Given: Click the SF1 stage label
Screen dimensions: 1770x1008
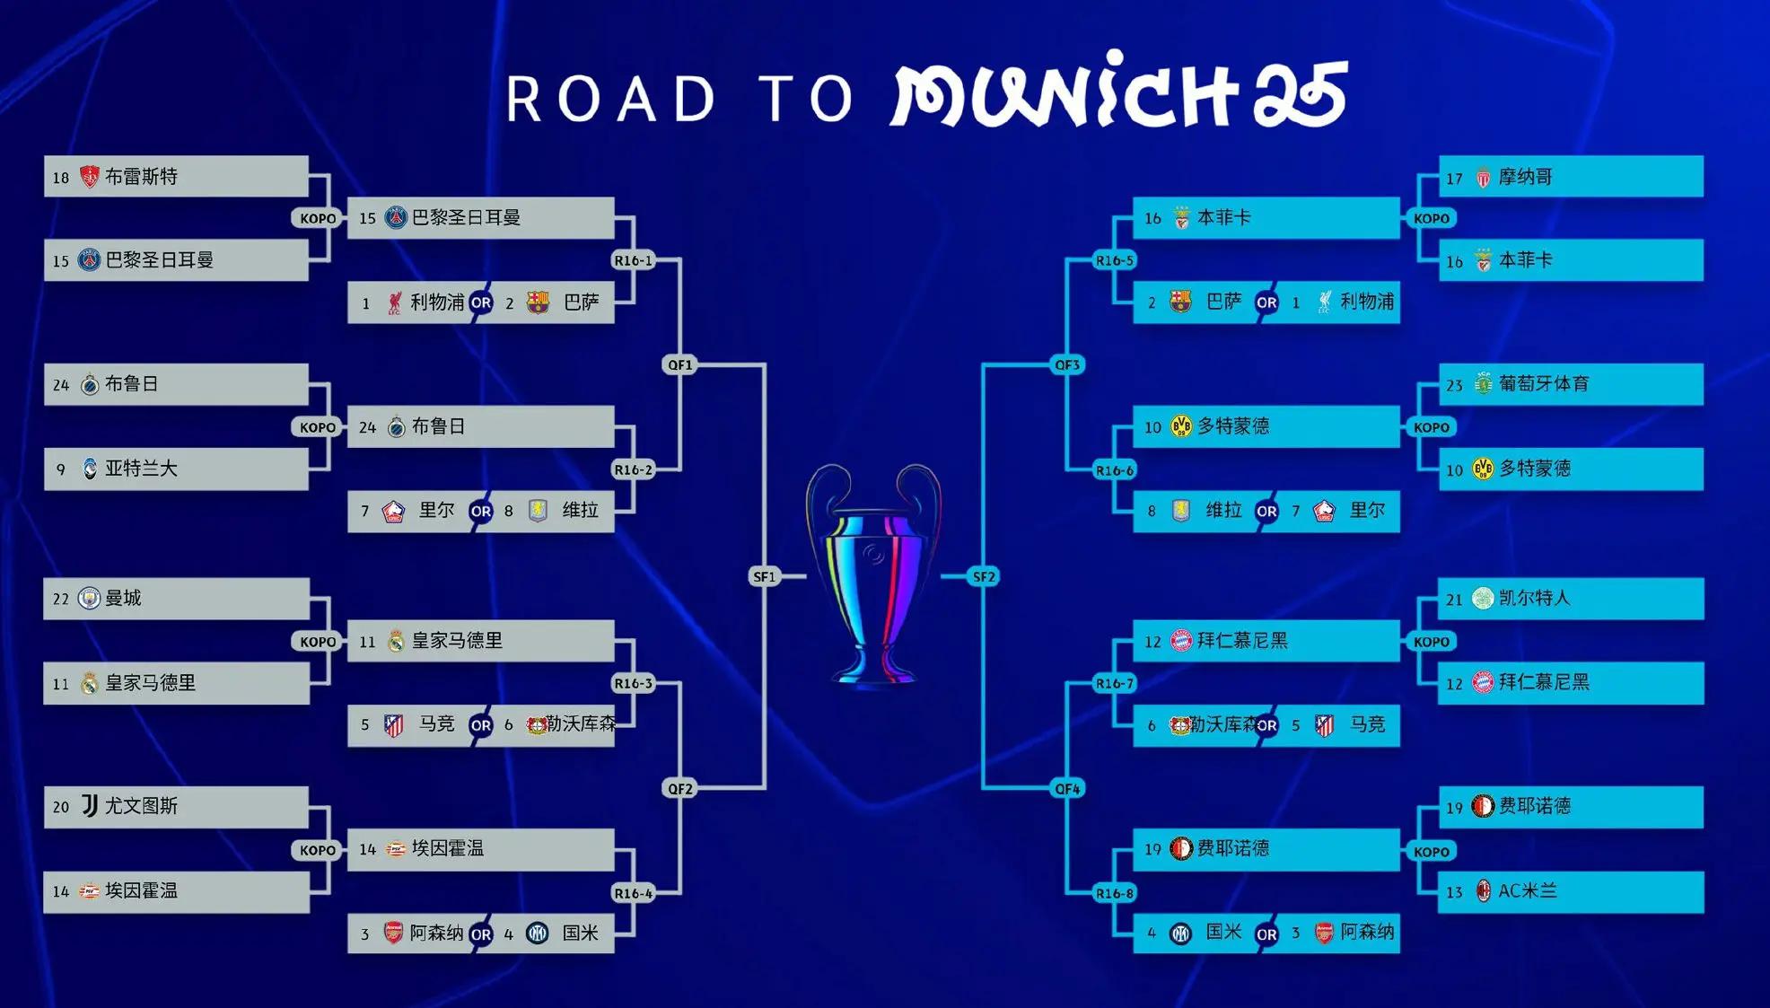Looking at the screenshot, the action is [x=764, y=576].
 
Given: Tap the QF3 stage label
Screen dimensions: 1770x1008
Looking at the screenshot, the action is [x=1067, y=364].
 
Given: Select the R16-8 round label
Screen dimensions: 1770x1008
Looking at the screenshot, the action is [x=1115, y=893].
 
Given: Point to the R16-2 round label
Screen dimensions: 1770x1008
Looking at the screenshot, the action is [x=633, y=469].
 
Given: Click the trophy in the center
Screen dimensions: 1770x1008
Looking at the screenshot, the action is [x=873, y=574].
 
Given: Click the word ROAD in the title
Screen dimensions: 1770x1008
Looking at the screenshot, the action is [x=611, y=99].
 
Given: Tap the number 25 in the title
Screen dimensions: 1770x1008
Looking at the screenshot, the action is [x=1301, y=94].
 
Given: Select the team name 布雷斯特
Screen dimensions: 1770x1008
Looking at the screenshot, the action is [x=142, y=177].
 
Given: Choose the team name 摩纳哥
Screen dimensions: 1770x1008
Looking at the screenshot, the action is [x=1526, y=177].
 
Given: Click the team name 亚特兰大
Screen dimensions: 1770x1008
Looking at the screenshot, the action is [x=142, y=469].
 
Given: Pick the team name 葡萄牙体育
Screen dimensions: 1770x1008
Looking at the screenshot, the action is [x=1544, y=384].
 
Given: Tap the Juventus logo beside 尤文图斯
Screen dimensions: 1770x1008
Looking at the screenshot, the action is [x=89, y=806].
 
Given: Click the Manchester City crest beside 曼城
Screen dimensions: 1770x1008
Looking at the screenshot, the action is [x=89, y=599].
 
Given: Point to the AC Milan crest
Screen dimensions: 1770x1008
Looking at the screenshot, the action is [x=1484, y=891].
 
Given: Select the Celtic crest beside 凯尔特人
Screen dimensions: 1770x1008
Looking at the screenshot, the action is [x=1483, y=598].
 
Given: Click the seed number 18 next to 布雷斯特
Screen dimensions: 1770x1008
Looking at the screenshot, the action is [x=60, y=178].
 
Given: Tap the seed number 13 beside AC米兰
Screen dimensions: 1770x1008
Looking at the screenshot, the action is [x=1454, y=892].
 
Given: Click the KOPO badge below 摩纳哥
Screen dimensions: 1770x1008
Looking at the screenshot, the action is [x=1432, y=218].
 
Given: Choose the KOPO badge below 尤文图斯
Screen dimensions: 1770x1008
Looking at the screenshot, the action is [x=318, y=850].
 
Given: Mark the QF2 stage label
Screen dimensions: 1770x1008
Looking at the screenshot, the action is [x=679, y=788].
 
